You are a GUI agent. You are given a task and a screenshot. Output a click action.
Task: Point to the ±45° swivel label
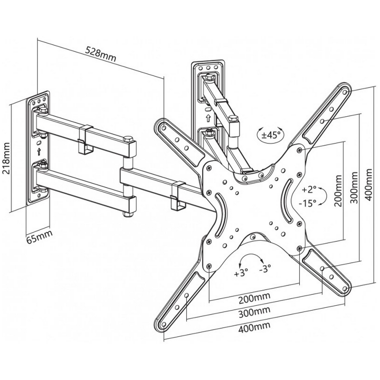(x=271, y=135)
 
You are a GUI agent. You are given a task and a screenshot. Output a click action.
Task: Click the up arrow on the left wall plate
(x=39, y=152)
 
